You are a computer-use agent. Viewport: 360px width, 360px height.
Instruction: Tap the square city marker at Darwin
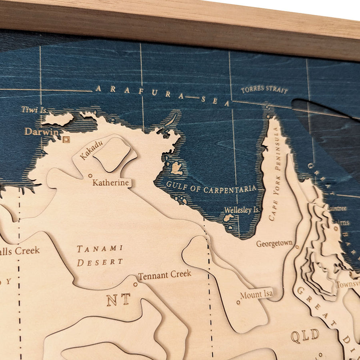pos(66,139)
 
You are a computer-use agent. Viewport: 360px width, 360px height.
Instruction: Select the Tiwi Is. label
pos(34,109)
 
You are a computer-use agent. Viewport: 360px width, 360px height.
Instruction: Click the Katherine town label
pos(111,183)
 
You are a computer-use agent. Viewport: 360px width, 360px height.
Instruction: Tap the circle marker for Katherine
pos(90,175)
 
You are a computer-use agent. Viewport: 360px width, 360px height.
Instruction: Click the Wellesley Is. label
pos(241,210)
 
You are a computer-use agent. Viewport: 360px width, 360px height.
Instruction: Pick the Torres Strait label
pos(264,90)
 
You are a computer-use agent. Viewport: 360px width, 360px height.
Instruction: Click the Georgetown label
pos(274,243)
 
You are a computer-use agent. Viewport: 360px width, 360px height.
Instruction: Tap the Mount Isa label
pos(256,294)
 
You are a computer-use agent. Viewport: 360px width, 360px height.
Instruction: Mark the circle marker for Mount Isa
pos(238,302)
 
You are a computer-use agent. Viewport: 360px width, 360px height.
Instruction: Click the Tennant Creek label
pos(164,275)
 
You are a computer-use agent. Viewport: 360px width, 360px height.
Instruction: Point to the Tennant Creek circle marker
pos(135,284)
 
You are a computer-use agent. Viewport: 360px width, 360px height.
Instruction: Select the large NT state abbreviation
pos(118,299)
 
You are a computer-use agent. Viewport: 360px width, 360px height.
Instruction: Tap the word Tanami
pos(100,248)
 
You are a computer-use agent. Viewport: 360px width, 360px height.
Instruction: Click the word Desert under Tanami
pos(100,262)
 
